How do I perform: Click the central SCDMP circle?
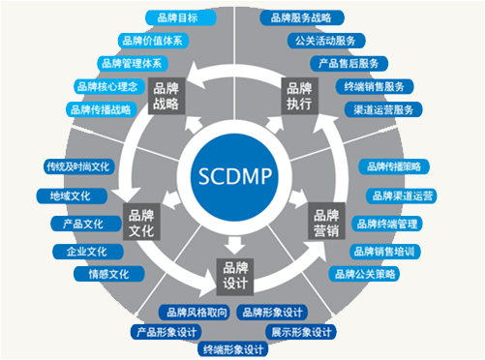[x=235, y=177]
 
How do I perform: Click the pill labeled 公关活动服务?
[x=325, y=41]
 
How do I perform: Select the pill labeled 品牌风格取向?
[x=195, y=312]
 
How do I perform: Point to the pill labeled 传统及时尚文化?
[x=76, y=165]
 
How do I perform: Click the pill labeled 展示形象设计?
[x=302, y=332]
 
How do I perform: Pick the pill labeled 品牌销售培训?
[x=383, y=251]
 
